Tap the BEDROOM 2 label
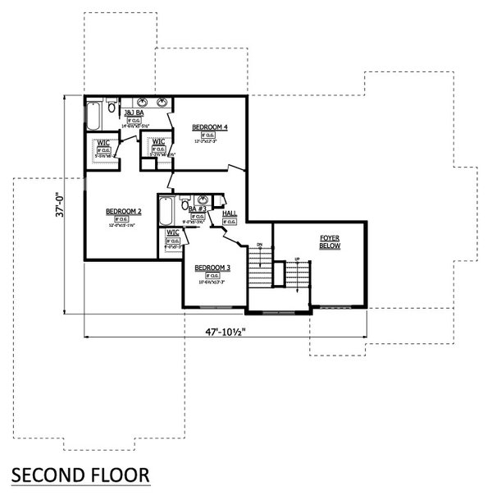(x=124, y=212)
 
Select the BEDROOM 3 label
(x=212, y=269)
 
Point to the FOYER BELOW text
(x=330, y=241)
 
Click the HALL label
(x=230, y=214)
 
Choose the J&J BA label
(x=130, y=111)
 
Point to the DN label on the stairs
(x=259, y=245)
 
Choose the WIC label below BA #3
(x=172, y=232)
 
